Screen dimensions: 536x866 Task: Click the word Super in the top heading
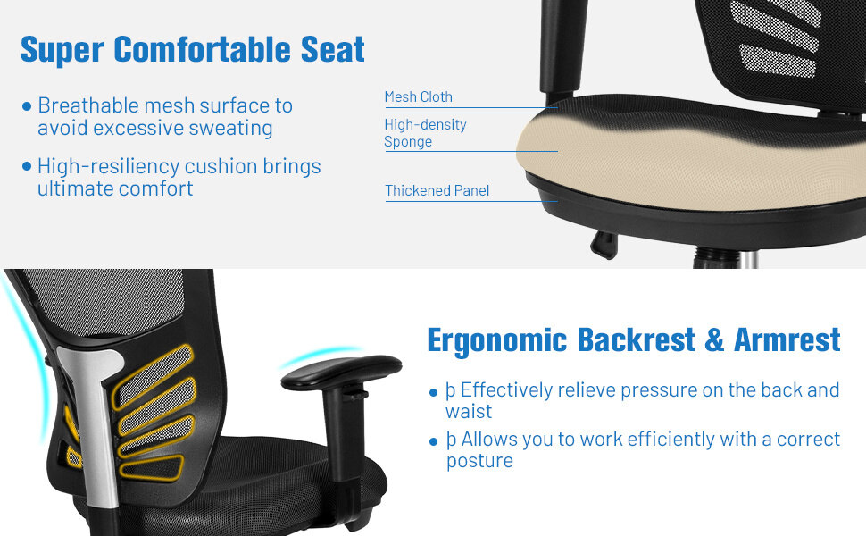point(62,49)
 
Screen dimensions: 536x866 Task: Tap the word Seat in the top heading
point(332,49)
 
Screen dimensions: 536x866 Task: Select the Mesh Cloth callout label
point(418,96)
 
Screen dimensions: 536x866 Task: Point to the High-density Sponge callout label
point(425,133)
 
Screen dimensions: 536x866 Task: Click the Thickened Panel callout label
point(437,190)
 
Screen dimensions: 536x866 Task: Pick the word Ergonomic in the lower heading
point(497,340)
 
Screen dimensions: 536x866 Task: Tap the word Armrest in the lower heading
point(787,340)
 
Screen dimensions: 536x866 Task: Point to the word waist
point(469,412)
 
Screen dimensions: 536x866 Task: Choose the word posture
point(479,461)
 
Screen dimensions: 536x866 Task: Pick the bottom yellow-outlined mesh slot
point(152,467)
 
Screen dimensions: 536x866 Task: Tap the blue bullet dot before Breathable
point(27,106)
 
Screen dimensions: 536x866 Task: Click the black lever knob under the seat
point(605,244)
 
